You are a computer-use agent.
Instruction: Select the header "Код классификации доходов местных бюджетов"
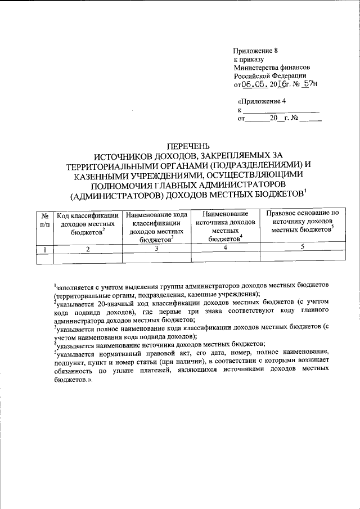tap(87, 224)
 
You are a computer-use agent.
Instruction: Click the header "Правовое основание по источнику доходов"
tap(302, 222)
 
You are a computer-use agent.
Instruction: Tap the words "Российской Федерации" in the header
tap(270, 76)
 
